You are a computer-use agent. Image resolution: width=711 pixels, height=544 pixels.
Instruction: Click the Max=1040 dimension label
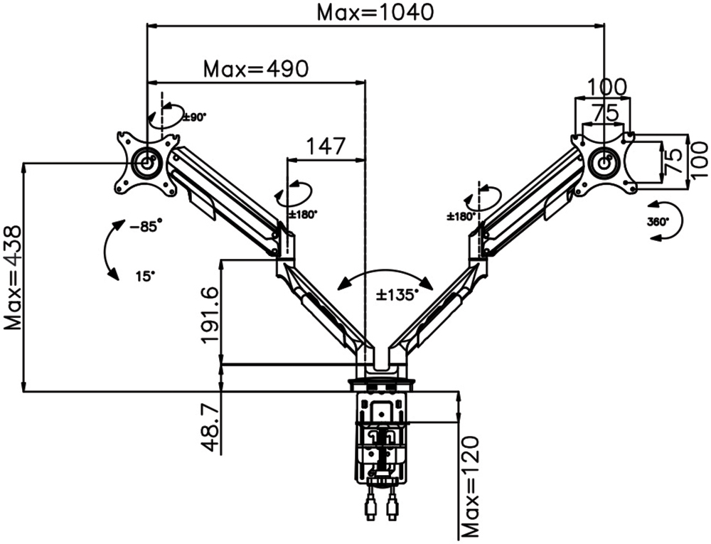click(x=375, y=12)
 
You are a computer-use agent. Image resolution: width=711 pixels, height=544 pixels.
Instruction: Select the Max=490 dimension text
click(x=256, y=69)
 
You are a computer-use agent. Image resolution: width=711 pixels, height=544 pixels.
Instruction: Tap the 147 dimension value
click(x=326, y=146)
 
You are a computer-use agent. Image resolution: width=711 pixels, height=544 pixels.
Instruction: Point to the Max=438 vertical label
click(x=13, y=278)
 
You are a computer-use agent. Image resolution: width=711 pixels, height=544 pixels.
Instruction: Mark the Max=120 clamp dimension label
click(x=471, y=493)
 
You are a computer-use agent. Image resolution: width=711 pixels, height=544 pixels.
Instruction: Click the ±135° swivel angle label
click(x=397, y=295)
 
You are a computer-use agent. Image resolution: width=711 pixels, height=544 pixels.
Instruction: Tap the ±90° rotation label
click(x=195, y=117)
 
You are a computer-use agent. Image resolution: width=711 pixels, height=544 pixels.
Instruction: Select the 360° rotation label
click(x=658, y=222)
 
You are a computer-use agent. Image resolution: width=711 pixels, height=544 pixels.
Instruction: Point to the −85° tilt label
click(x=146, y=225)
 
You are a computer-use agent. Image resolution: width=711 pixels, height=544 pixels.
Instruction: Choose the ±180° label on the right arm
click(x=461, y=216)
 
